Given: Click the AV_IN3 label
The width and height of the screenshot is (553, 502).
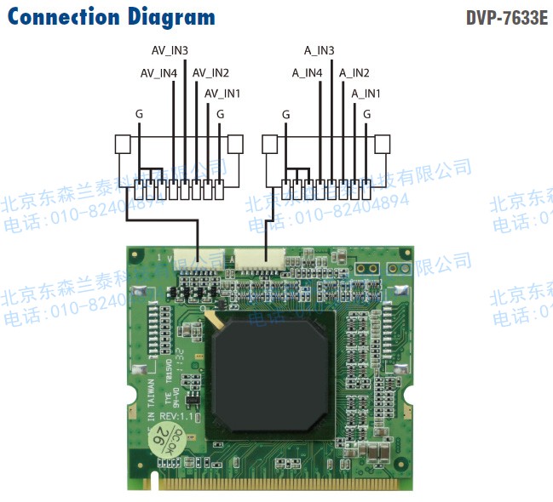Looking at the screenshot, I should pos(170,51).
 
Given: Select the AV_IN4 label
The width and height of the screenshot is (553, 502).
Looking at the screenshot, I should pos(158,73).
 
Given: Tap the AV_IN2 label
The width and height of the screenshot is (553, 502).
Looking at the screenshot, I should pos(210,73).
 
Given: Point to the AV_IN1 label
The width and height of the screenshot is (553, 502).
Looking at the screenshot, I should pos(222,93).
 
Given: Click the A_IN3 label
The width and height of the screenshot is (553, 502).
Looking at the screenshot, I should pos(320,51).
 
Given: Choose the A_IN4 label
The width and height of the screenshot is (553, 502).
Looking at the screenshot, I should pos(307,73).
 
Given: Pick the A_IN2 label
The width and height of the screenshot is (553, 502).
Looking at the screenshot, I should pos(354,73).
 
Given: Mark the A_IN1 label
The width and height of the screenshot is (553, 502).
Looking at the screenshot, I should pos(366,93).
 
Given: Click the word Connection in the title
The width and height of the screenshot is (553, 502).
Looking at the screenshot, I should pos(61,16).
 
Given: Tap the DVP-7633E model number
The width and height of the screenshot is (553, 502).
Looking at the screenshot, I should pos(507,18).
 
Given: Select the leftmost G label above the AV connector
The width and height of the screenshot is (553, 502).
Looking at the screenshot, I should pos(139,113).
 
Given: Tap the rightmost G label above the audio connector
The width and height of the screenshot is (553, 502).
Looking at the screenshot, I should pos(367,113).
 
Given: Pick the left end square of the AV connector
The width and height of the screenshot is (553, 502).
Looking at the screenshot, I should pos(124,143).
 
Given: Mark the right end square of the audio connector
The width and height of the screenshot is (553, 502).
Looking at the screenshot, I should pos(383,143).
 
